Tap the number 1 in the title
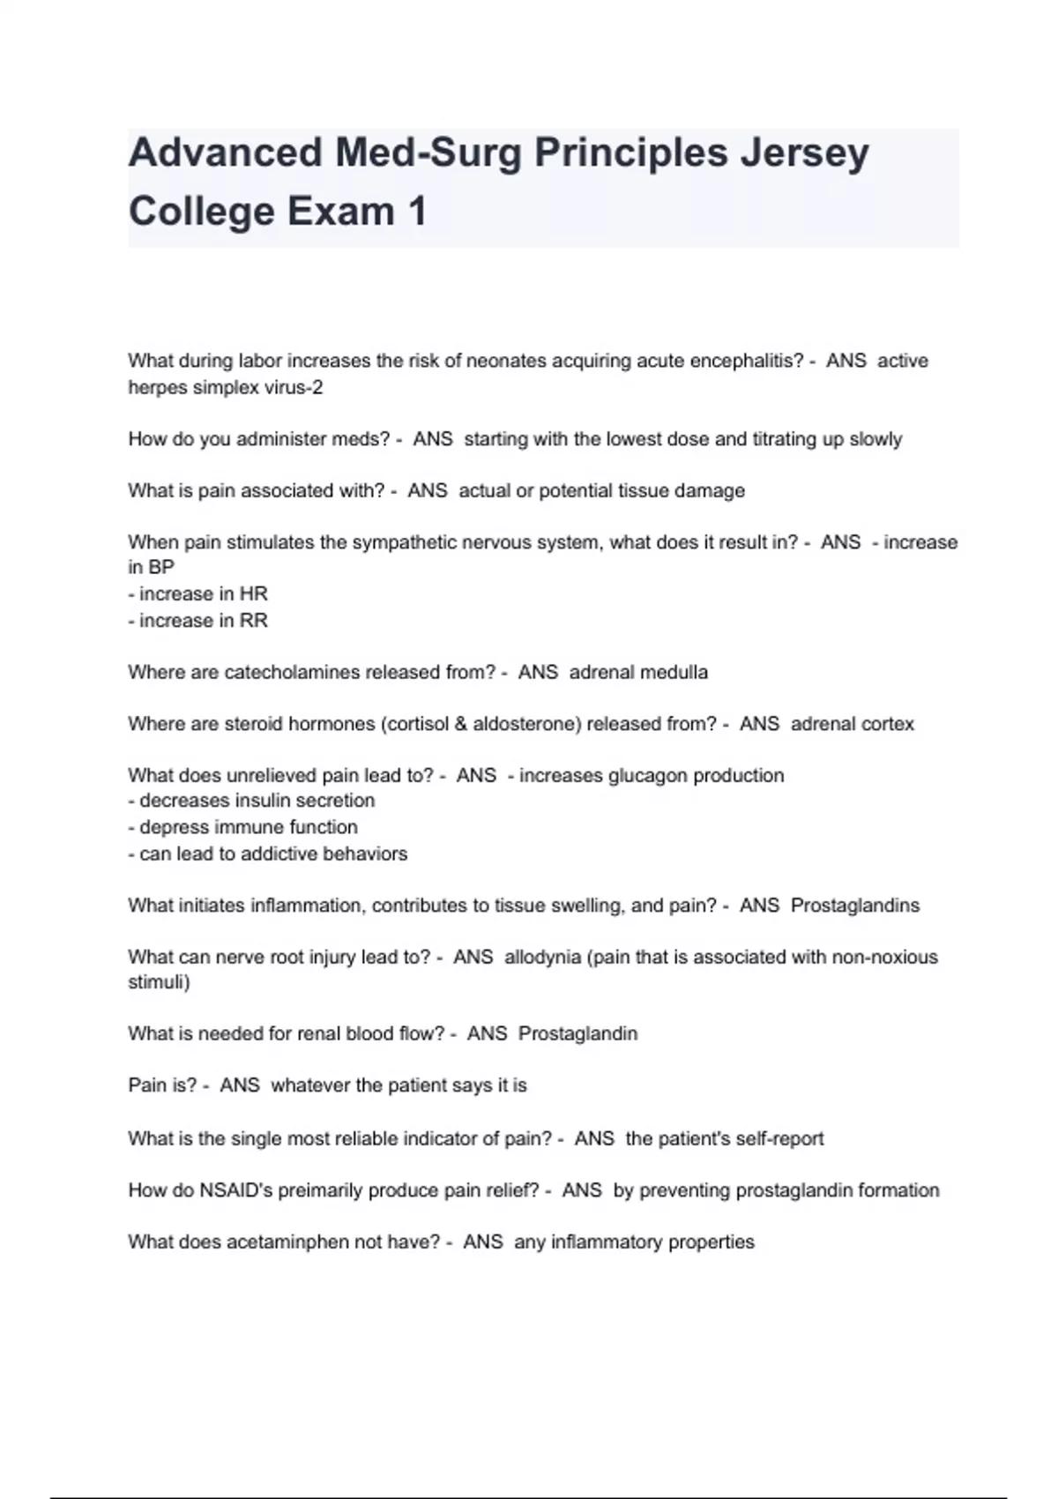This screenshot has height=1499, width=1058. (x=416, y=212)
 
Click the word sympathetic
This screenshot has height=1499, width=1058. (x=407, y=542)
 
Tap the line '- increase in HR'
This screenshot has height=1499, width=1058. (x=198, y=593)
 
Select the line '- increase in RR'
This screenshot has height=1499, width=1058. (x=198, y=620)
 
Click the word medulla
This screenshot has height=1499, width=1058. (x=674, y=672)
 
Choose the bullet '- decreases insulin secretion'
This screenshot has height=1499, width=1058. (x=252, y=801)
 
